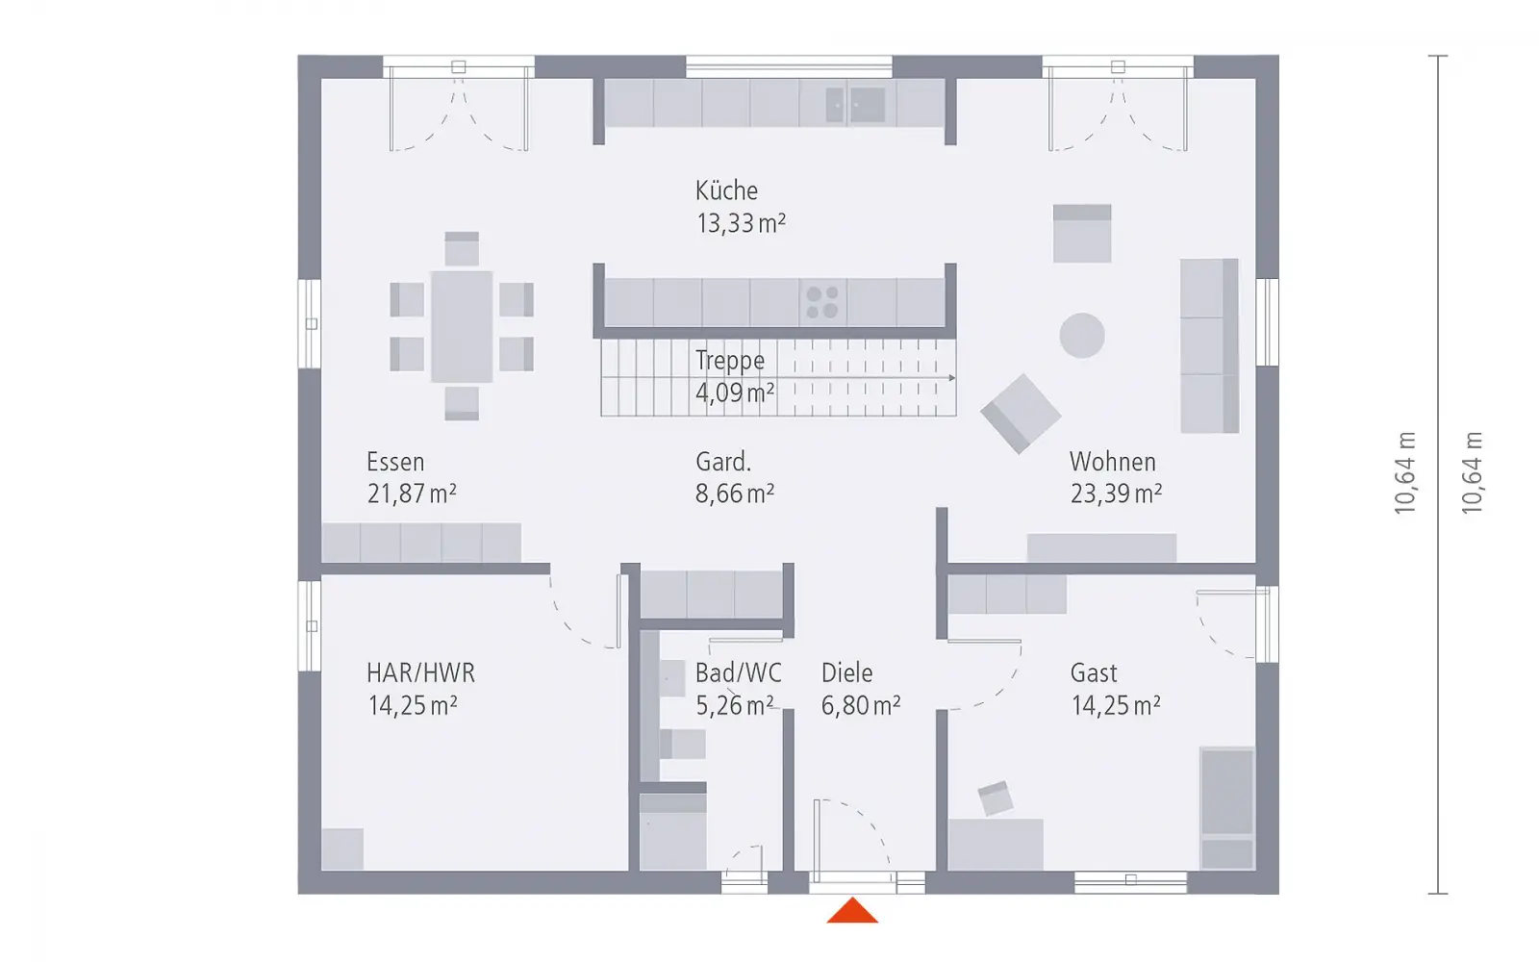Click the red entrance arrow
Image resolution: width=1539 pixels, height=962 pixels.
click(852, 911)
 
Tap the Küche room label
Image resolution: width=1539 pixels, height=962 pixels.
click(726, 190)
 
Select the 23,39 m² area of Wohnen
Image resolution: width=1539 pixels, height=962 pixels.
click(1116, 494)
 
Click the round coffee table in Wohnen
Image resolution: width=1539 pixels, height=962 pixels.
click(1082, 336)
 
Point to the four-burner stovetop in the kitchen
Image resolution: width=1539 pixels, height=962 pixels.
click(822, 302)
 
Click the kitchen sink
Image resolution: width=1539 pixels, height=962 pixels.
click(855, 105)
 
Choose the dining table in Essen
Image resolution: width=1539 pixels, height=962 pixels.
click(462, 326)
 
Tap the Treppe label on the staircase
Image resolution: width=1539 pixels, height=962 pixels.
click(730, 360)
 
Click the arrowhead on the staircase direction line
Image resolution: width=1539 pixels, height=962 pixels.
click(951, 378)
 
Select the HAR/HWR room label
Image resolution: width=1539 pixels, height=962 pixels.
click(420, 672)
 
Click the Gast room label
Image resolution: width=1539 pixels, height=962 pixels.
click(1094, 672)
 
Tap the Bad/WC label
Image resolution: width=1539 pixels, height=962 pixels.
click(739, 672)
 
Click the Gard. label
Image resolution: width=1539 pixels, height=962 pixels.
click(722, 462)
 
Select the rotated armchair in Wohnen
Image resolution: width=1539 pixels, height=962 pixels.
click(1021, 414)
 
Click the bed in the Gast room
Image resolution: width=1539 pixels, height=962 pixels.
click(1227, 808)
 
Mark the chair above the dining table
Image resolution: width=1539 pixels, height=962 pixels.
click(462, 248)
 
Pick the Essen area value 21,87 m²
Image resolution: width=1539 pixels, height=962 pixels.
click(412, 494)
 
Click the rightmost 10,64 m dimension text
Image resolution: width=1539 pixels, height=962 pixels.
click(1472, 472)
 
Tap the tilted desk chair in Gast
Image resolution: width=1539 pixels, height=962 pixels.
click(996, 798)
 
